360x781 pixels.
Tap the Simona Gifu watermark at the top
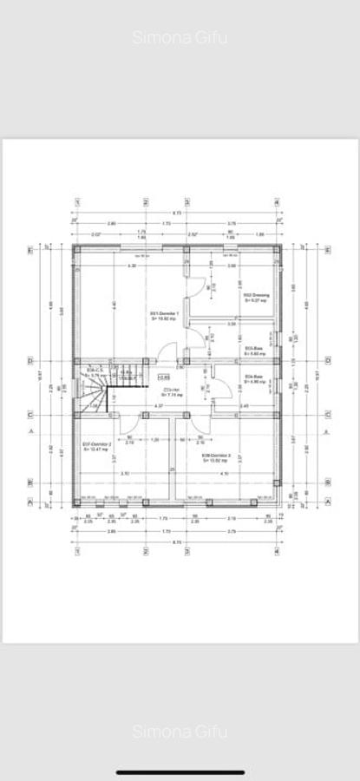(180, 37)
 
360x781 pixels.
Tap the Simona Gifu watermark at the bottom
(180, 732)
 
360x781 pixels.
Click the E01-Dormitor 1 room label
(165, 315)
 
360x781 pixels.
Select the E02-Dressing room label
(256, 297)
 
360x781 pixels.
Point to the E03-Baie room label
(254, 351)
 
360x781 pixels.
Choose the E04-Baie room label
(254, 378)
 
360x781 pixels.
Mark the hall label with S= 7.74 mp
(171, 392)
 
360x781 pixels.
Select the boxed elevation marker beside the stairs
(164, 377)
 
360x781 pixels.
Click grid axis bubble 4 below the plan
(277, 550)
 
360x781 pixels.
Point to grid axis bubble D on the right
(327, 361)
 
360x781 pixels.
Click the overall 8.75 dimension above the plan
(176, 213)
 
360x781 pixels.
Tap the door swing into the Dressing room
(200, 288)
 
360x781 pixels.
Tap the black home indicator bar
(180, 771)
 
